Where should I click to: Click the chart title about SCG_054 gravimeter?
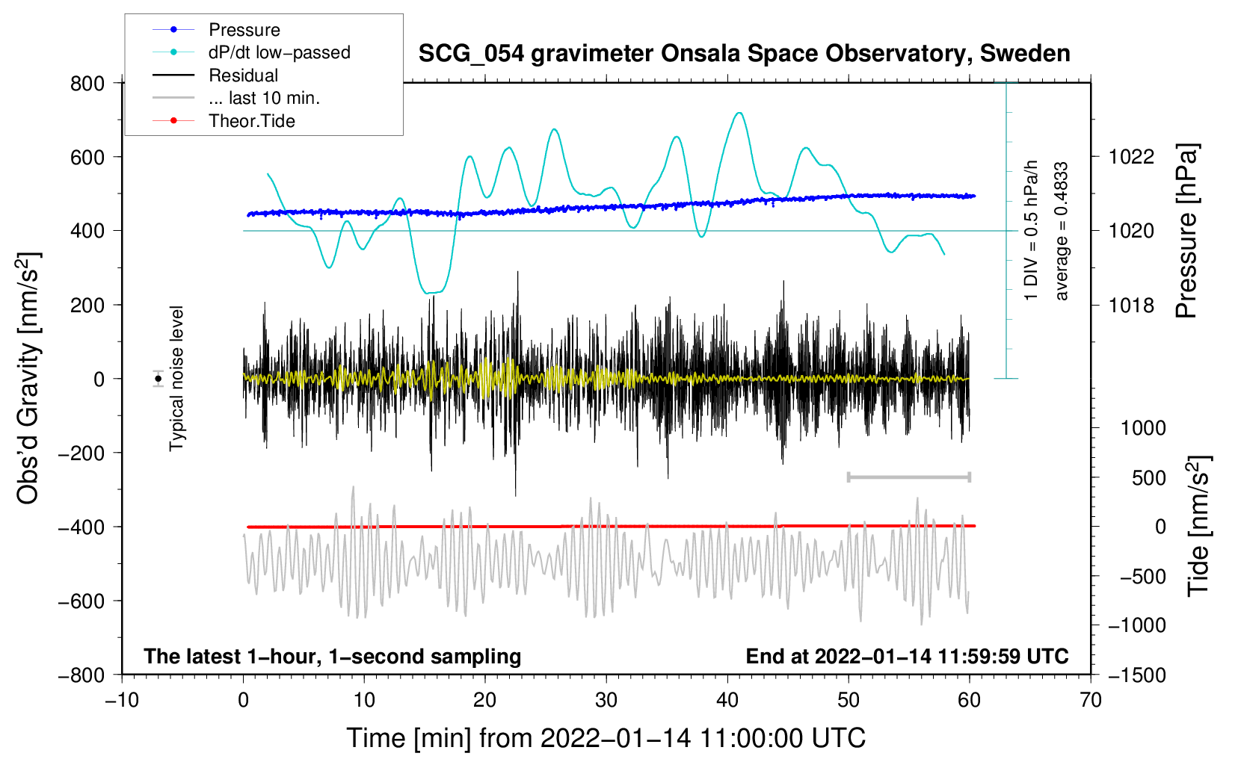coord(744,54)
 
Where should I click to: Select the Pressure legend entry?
coord(244,30)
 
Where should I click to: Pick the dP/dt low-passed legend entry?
coord(279,52)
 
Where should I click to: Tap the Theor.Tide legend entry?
coord(251,121)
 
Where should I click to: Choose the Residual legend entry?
coord(243,75)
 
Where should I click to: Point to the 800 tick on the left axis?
coord(87,83)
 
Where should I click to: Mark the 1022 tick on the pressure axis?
coord(1131,157)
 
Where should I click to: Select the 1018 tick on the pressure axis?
coord(1131,305)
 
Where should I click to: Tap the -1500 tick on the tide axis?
coord(1136,675)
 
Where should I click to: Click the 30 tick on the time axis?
coord(606,700)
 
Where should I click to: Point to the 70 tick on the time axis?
coord(1091,700)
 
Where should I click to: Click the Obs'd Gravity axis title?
coord(28,378)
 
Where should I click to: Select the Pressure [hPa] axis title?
coord(1186,231)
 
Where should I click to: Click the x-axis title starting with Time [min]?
coord(606,738)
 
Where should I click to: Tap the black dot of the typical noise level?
coord(158,379)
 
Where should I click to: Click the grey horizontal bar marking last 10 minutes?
coord(908,477)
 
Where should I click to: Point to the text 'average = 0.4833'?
coord(1061,231)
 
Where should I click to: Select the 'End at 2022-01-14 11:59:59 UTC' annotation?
coord(907,656)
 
